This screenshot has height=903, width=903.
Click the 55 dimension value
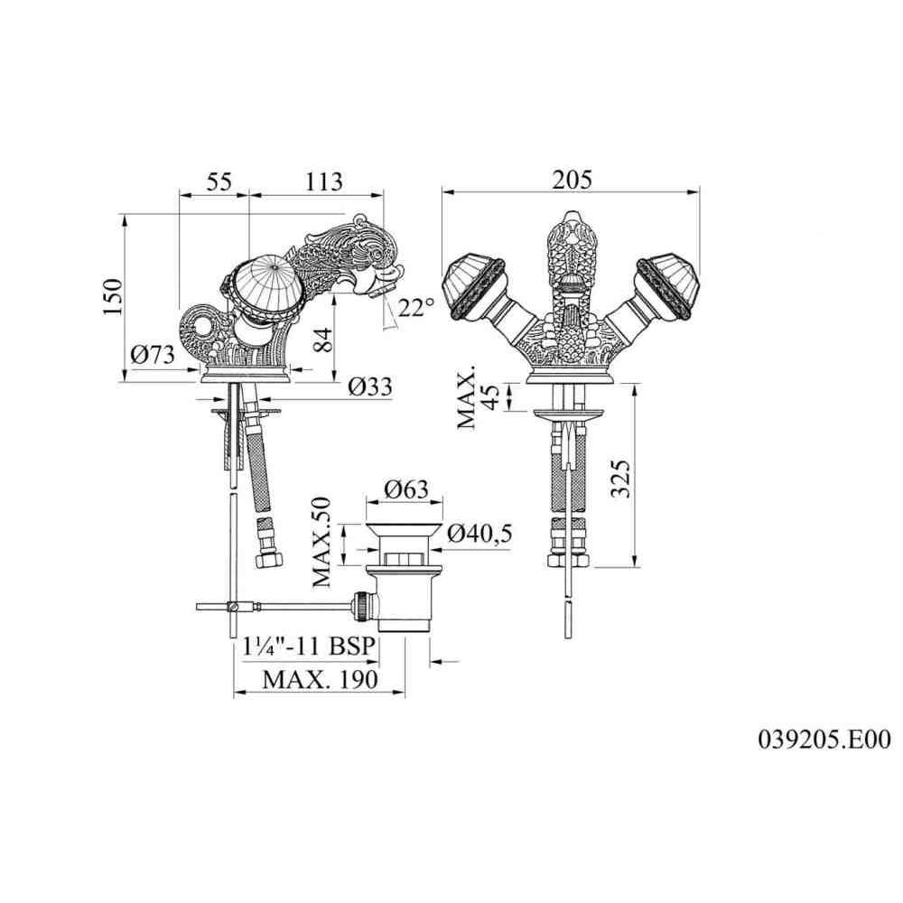point(219,182)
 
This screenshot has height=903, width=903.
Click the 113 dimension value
point(323,182)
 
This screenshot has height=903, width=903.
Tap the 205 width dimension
point(572,180)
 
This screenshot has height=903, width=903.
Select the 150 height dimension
point(114,295)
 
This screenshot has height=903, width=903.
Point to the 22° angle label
point(415,307)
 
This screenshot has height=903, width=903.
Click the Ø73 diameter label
point(153,354)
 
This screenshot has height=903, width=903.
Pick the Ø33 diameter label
point(370,386)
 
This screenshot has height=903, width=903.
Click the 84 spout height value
point(324,341)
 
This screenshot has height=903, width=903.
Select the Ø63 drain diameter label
point(406,489)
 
